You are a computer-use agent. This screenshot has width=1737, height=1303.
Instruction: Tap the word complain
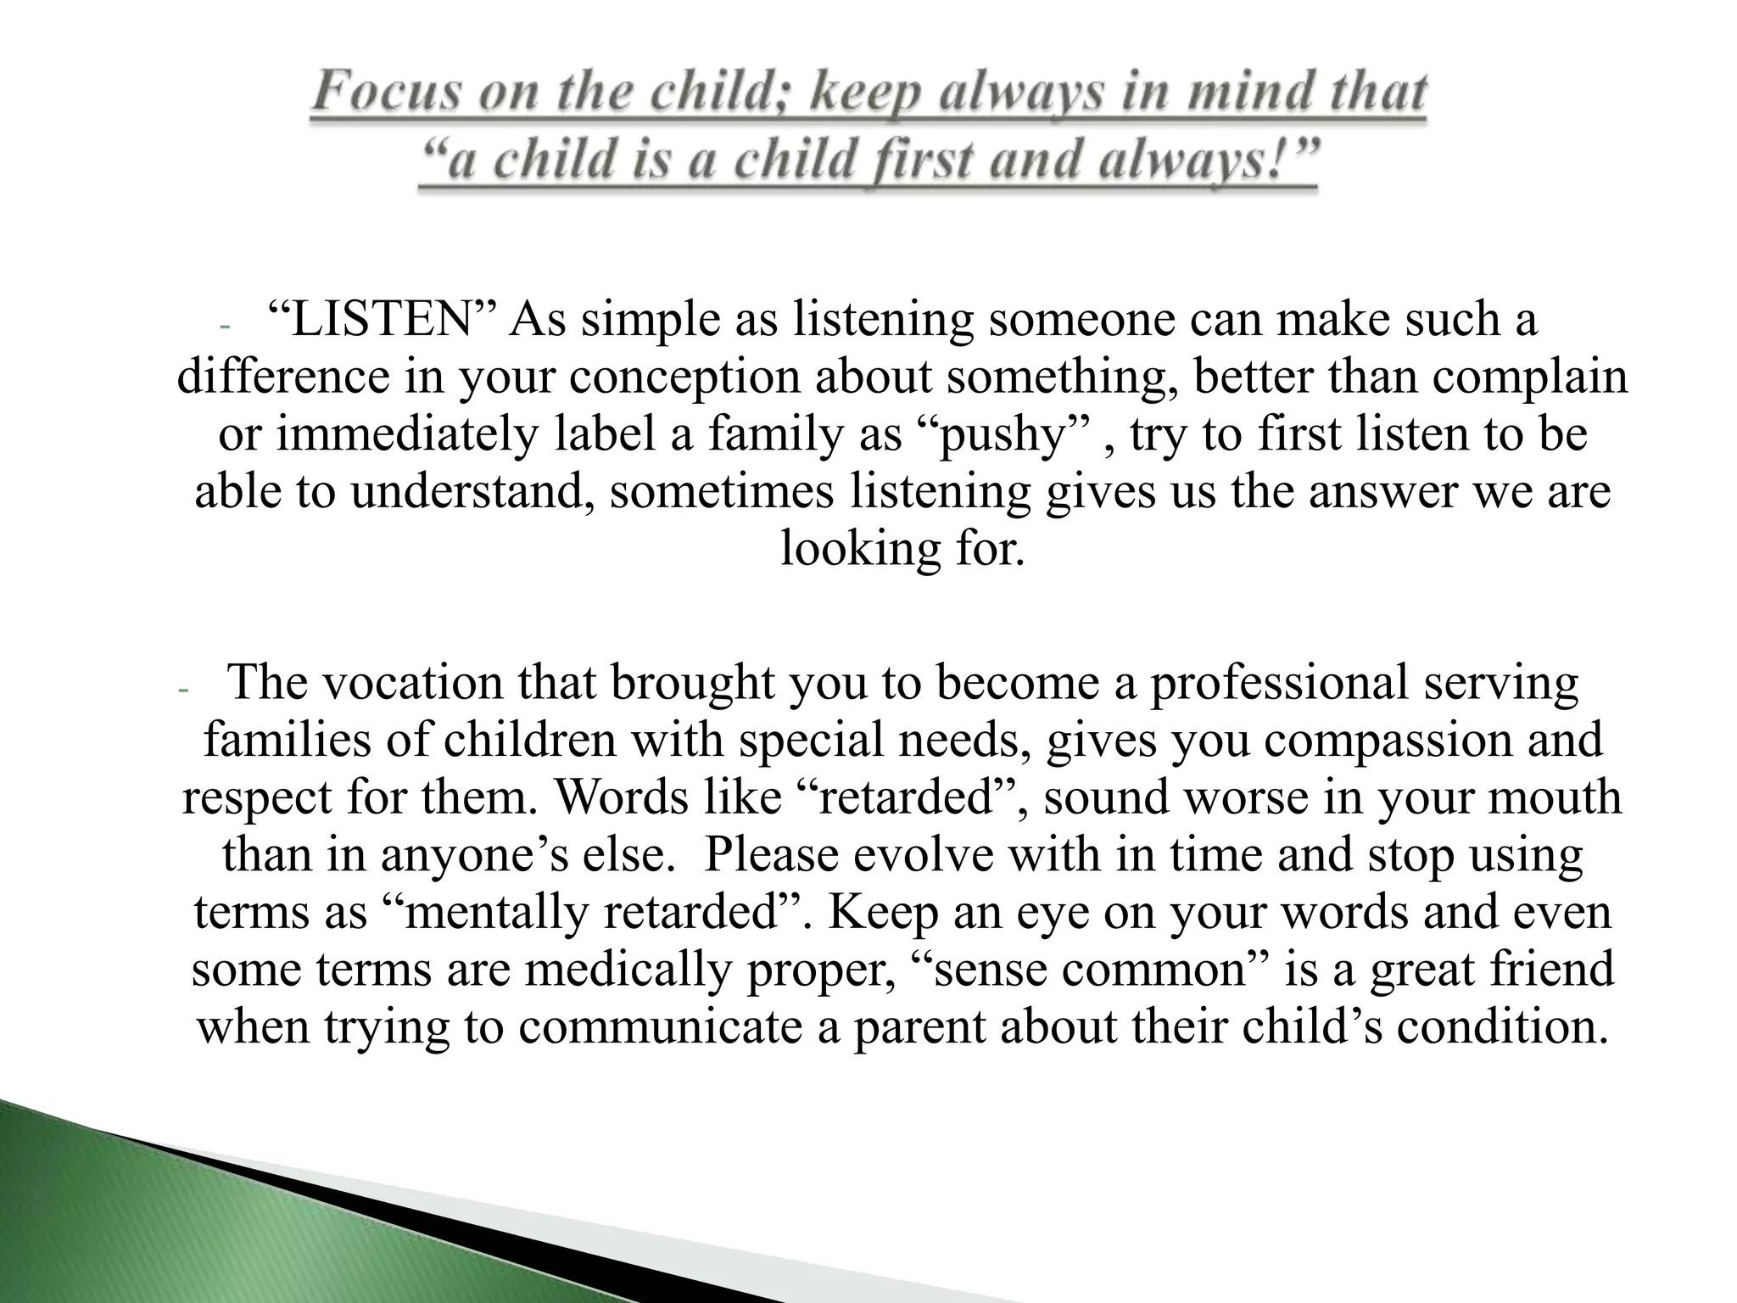1530,377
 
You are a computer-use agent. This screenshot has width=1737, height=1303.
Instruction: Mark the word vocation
410,683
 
